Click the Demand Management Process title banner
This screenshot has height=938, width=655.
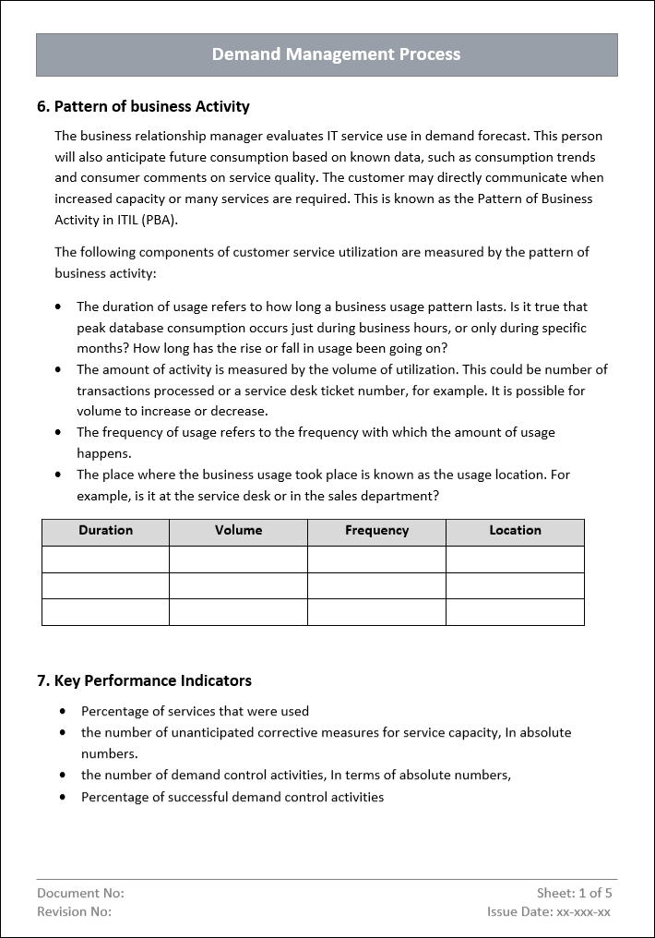336,54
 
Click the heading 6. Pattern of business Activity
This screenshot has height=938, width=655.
143,106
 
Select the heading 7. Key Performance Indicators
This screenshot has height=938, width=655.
144,680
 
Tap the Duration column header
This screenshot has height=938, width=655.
105,531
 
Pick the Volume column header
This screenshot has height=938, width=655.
238,531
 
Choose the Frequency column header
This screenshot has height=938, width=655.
376,531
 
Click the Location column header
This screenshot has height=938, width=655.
515,531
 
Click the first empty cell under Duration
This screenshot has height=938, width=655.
105,559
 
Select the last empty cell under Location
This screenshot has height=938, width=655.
515,612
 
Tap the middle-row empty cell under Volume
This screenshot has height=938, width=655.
238,585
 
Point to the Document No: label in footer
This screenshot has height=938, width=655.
80,893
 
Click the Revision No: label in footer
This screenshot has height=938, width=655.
74,911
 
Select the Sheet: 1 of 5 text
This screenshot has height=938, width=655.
574,893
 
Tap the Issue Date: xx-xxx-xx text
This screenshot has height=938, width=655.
548,911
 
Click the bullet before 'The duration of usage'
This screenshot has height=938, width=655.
60,307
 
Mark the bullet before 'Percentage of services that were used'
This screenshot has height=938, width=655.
63,711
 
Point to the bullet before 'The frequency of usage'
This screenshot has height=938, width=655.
60,432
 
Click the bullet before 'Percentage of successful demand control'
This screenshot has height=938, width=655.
63,797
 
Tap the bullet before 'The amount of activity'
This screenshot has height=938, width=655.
60,369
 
